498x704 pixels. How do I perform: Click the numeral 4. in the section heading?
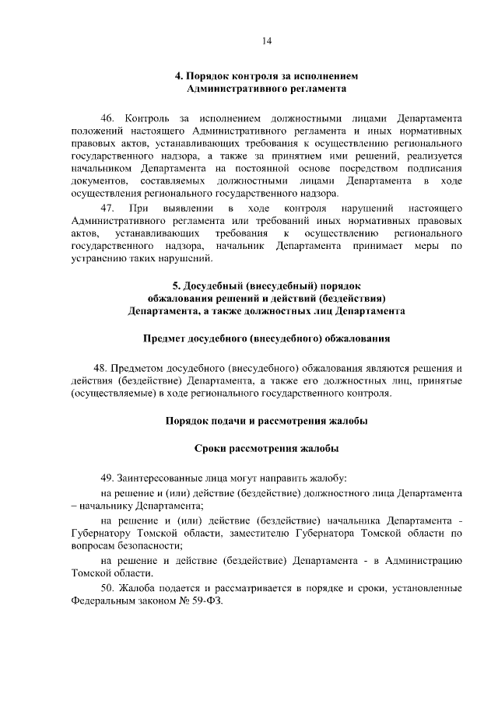coord(178,76)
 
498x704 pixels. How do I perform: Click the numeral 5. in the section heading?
coord(177,285)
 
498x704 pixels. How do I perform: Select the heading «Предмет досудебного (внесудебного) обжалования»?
coord(266,338)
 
